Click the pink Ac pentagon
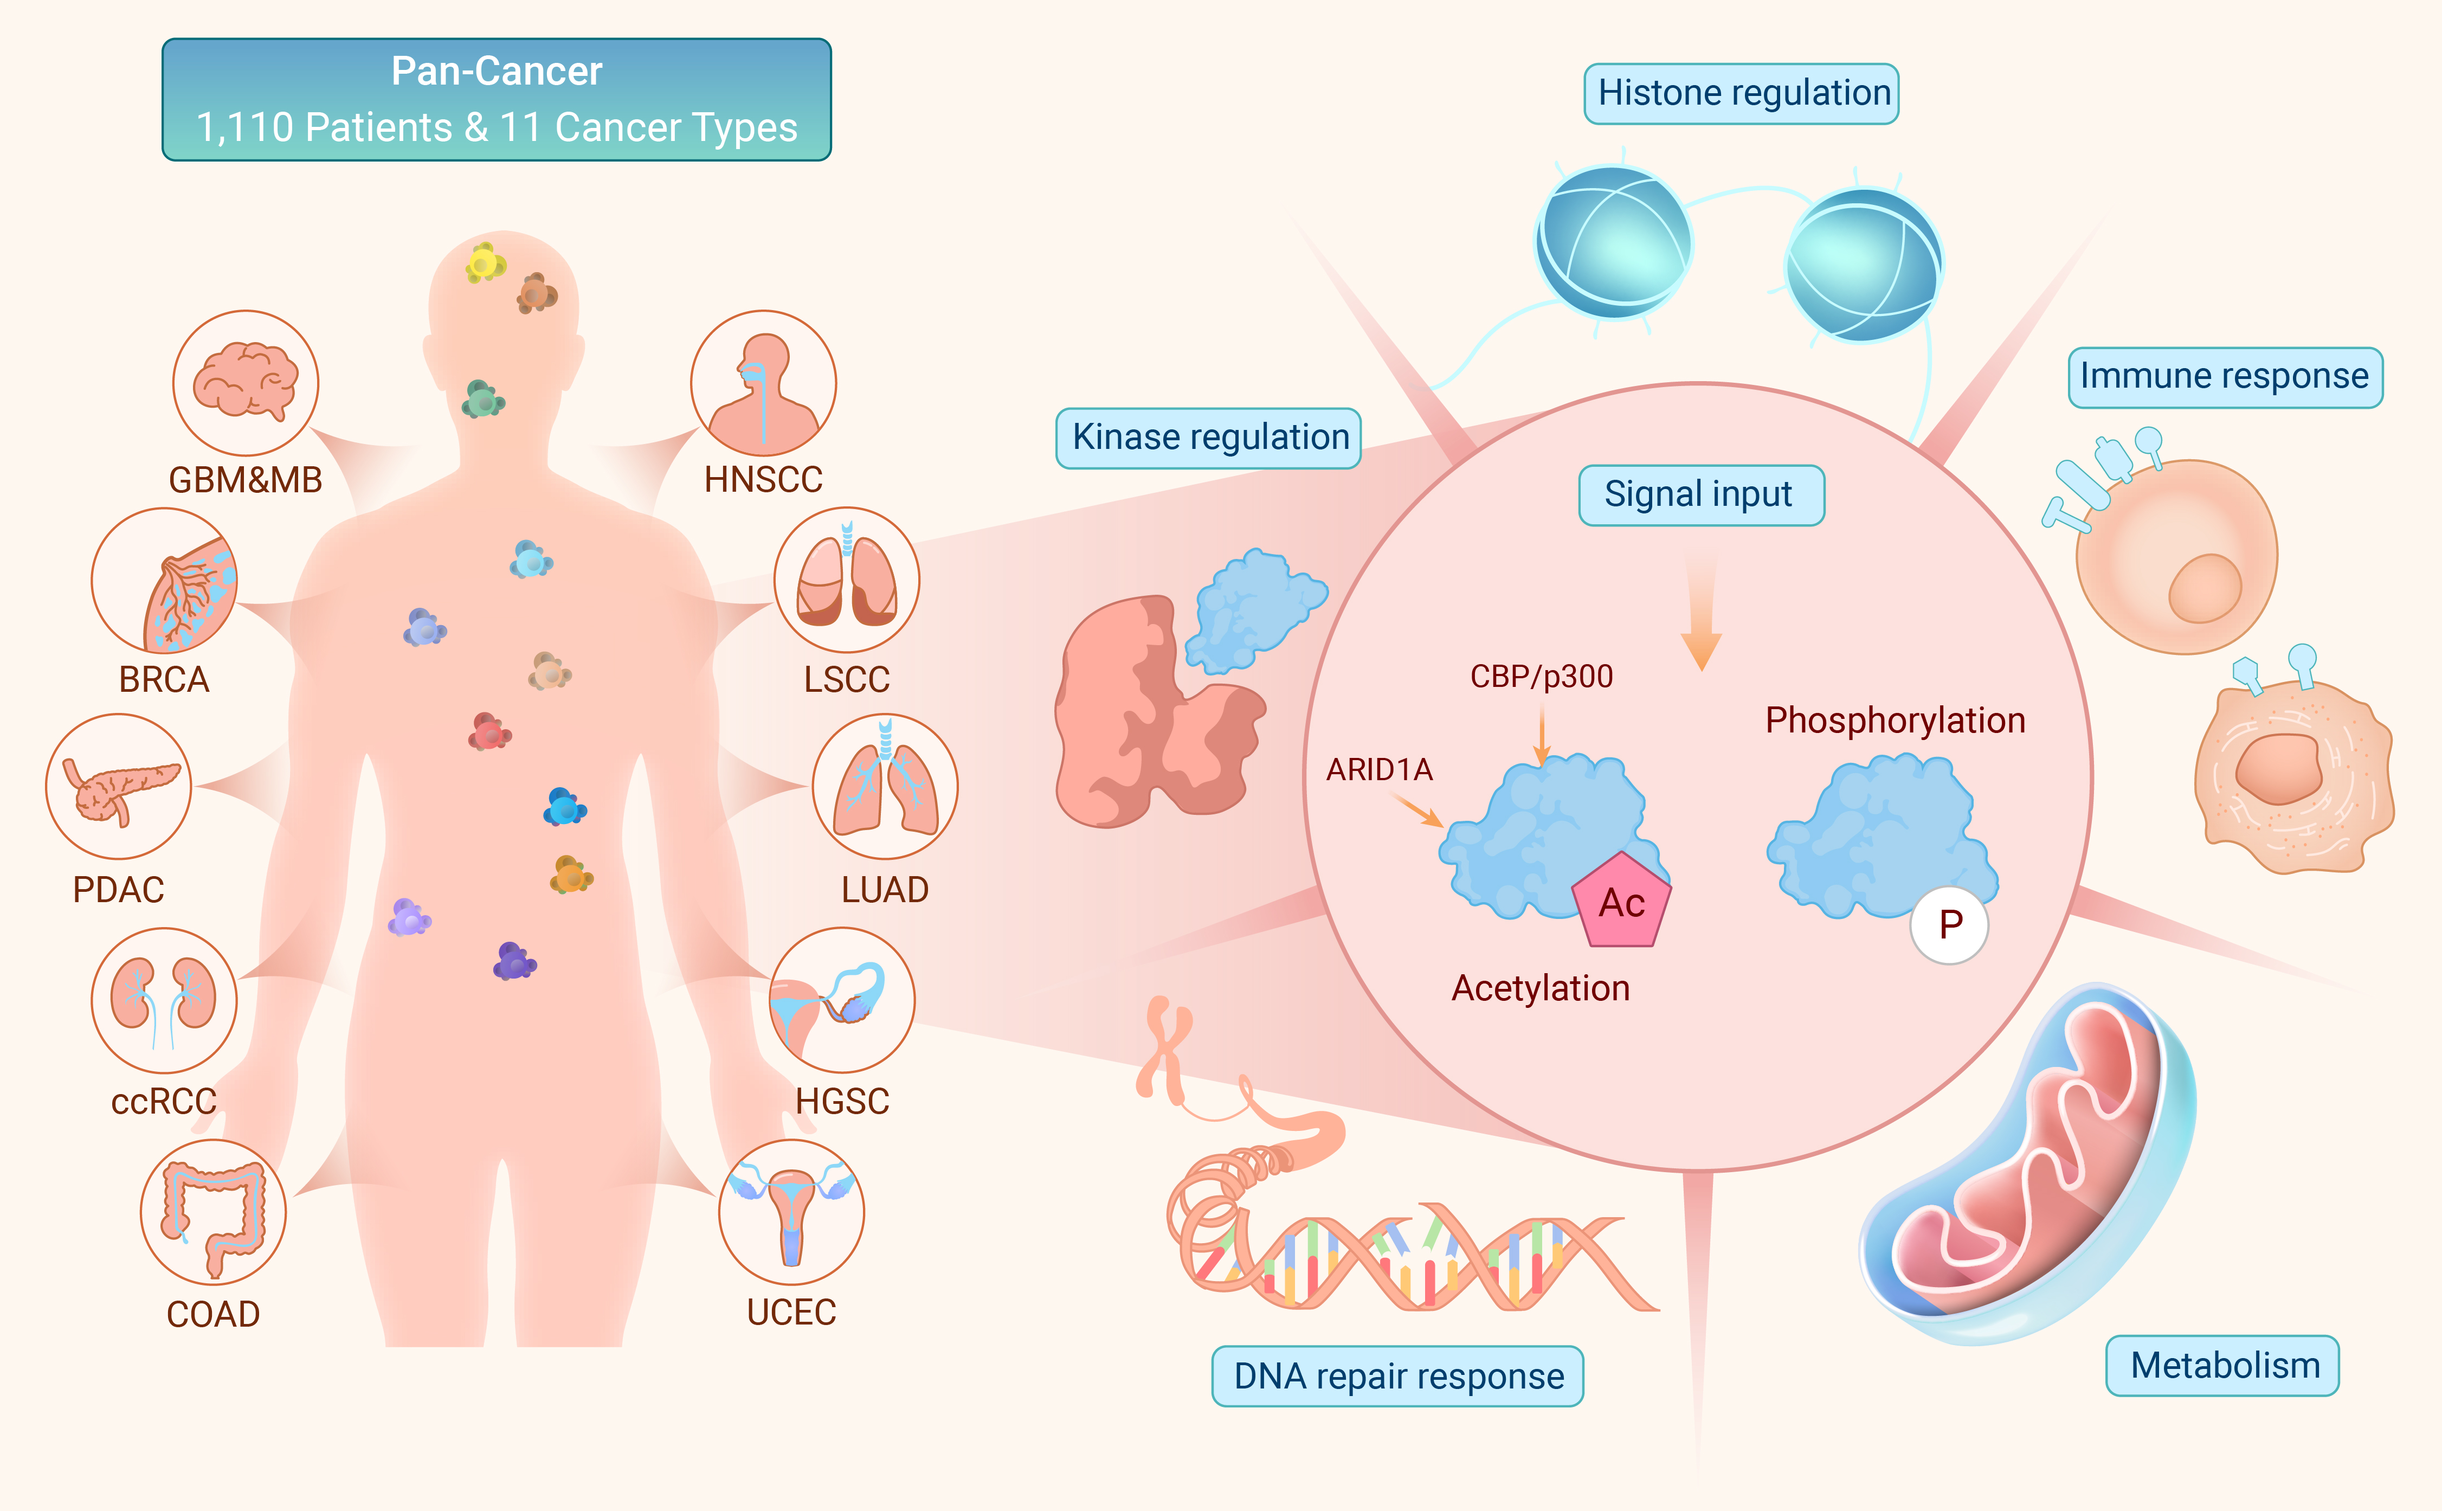[1622, 901]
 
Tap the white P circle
[1949, 924]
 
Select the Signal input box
[1700, 494]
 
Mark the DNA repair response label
[1398, 1376]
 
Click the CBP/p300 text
[1542, 677]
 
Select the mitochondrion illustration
[2028, 1164]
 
